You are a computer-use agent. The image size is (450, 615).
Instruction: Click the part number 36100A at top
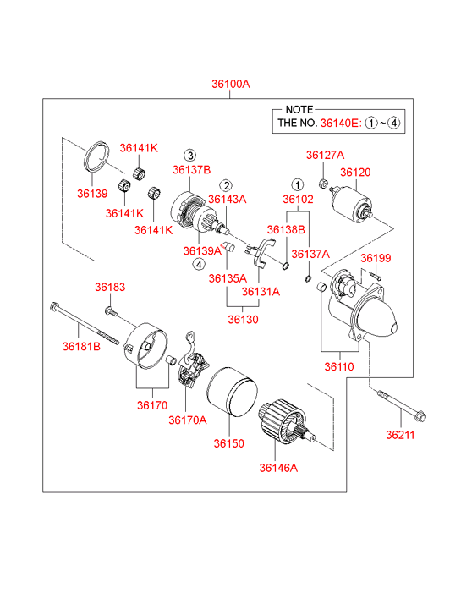(x=231, y=84)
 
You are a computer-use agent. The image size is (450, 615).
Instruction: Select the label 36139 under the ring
(x=92, y=194)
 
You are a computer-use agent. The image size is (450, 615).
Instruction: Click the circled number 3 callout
(x=190, y=156)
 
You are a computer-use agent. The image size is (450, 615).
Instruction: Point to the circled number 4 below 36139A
(x=199, y=264)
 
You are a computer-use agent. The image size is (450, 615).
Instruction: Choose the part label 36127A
(x=326, y=156)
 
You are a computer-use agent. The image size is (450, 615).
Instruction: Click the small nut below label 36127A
(x=323, y=184)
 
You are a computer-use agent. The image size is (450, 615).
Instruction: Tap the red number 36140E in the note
(x=339, y=124)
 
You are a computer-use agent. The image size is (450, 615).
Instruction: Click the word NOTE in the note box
(x=299, y=110)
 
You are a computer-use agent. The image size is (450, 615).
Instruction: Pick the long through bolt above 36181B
(x=85, y=323)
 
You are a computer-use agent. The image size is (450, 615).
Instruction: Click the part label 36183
(x=110, y=287)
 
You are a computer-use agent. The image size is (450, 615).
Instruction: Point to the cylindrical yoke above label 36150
(x=232, y=392)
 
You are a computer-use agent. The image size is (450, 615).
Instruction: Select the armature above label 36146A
(x=287, y=421)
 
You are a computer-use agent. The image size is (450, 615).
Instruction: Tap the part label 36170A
(x=188, y=420)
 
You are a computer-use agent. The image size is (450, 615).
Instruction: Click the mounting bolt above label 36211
(x=402, y=405)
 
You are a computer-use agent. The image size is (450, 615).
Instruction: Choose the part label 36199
(x=376, y=258)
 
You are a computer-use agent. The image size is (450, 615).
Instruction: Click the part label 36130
(x=244, y=319)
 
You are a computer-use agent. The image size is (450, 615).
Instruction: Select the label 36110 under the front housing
(x=339, y=367)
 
